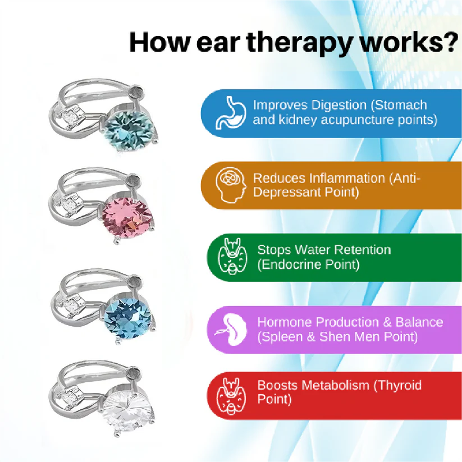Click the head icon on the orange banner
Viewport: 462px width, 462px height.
coord(231,185)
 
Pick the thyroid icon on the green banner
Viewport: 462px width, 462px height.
coord(232,257)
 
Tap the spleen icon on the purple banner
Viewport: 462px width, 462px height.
coord(231,330)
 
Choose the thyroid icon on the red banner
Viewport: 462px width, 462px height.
coord(231,396)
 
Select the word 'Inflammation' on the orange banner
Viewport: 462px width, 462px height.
coord(347,179)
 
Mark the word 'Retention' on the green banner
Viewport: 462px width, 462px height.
coord(363,250)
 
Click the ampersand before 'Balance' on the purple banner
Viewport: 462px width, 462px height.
coord(387,322)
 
